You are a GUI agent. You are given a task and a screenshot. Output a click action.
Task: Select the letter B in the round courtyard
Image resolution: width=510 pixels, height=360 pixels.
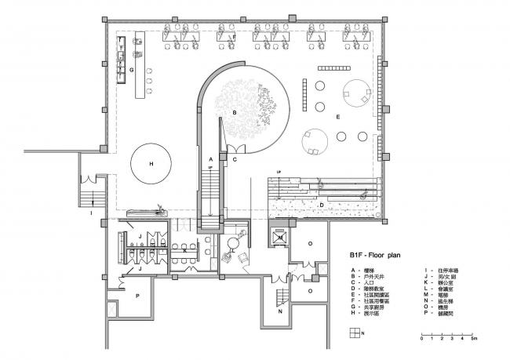233,113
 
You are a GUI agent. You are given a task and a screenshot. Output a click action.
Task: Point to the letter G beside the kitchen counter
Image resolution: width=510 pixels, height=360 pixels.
131,70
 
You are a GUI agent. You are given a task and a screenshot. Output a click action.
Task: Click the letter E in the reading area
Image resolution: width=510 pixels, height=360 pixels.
338,117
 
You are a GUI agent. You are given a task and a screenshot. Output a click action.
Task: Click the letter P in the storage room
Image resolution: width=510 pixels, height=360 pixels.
116,296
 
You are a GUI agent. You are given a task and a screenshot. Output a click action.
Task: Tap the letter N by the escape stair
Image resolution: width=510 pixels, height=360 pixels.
281,310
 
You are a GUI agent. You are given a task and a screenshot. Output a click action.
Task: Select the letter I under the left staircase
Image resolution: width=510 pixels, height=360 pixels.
91,213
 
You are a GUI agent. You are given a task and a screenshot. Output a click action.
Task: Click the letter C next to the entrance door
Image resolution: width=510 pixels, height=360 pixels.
235,159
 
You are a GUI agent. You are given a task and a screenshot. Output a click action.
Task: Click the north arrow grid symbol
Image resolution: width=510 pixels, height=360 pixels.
355,332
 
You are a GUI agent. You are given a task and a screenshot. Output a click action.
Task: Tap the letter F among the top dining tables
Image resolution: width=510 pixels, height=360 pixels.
232,37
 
